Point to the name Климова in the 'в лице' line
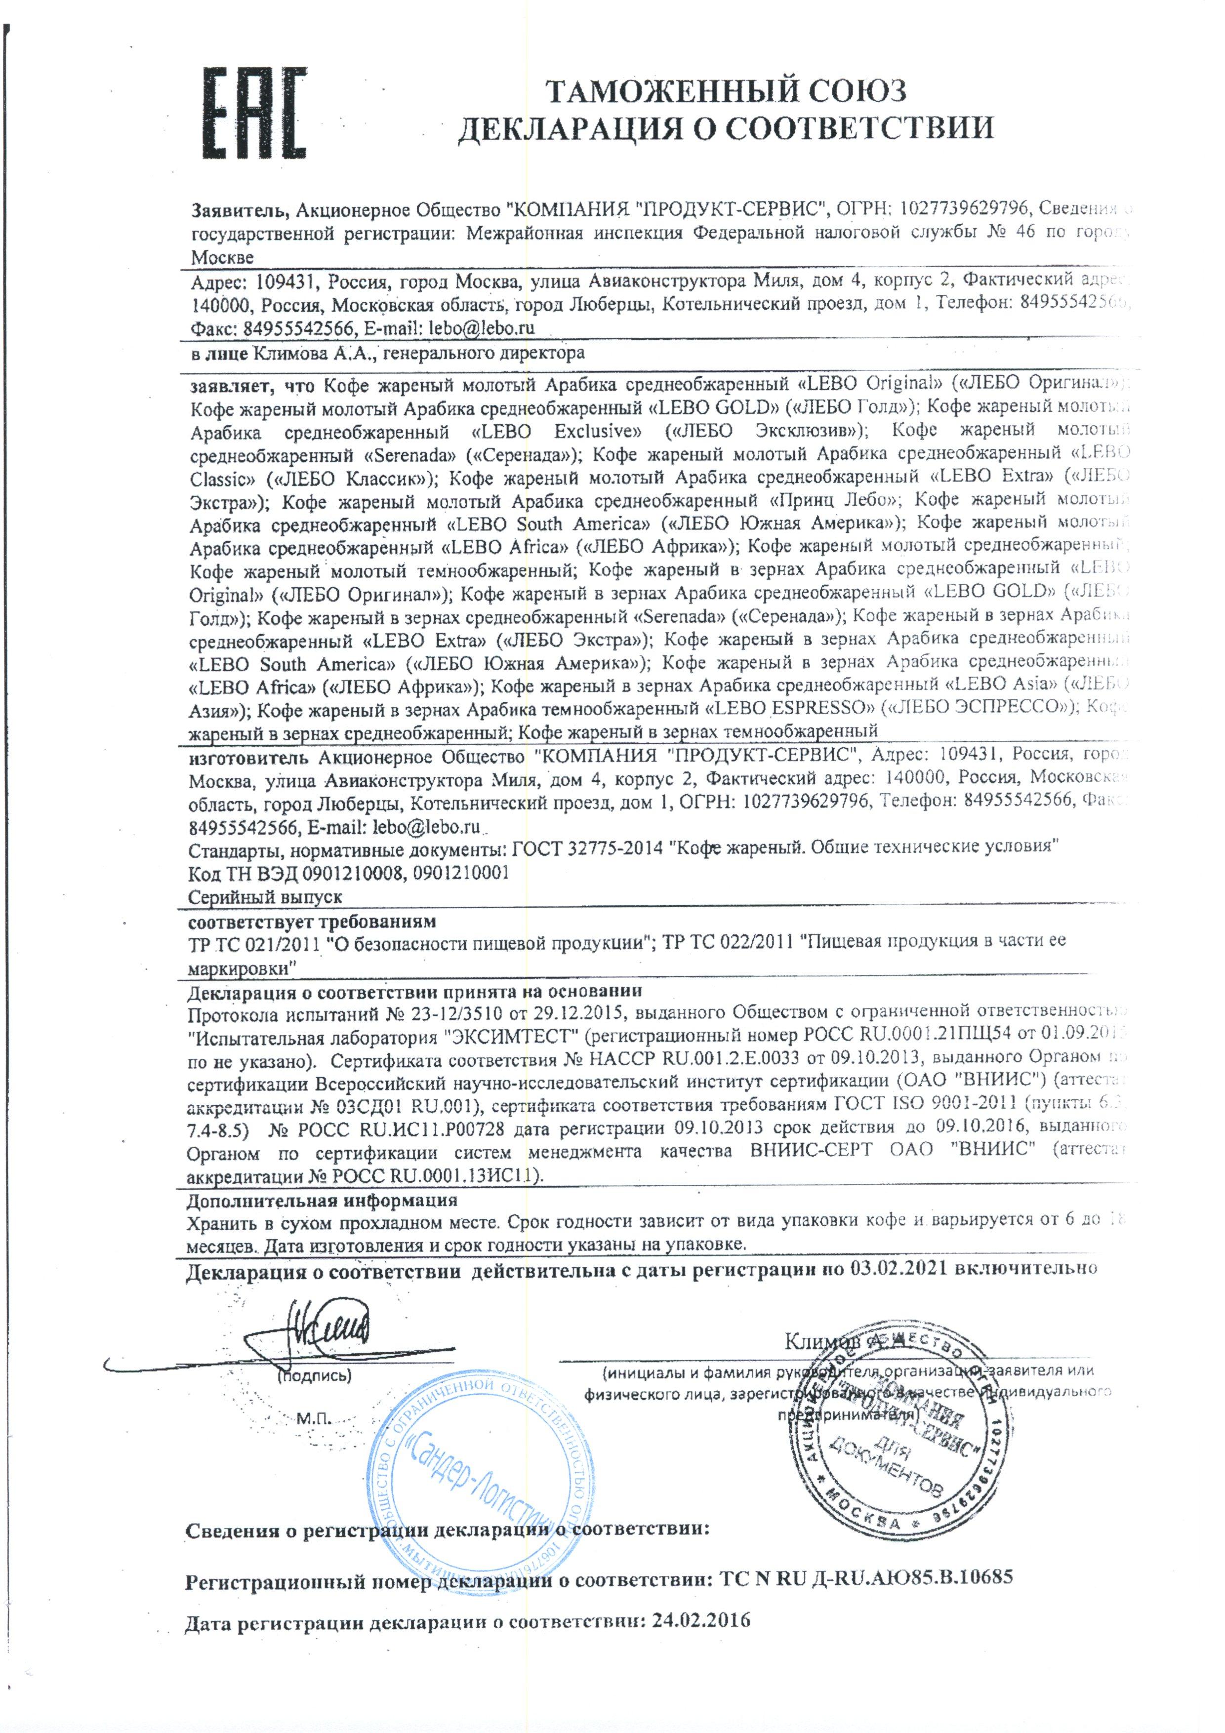pyautogui.click(x=278, y=353)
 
